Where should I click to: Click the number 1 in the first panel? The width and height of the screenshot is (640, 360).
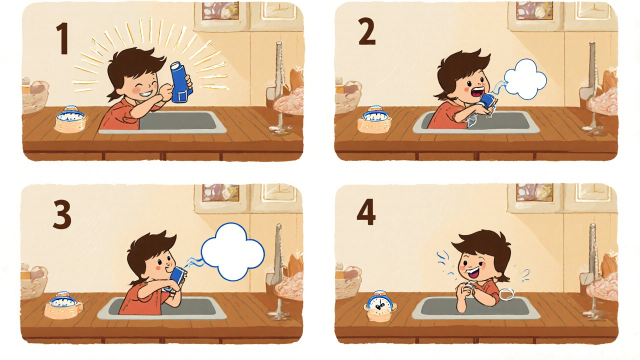63,39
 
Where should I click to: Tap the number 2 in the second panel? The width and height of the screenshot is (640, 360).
367,31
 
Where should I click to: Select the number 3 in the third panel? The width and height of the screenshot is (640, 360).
62,214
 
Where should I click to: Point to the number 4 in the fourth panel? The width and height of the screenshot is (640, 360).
366,212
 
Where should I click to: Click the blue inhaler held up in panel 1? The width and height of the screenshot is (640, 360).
180,82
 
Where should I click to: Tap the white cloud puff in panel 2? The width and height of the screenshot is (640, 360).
525,79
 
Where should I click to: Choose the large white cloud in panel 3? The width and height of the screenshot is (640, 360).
233,251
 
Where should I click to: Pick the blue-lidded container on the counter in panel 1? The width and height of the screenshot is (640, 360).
70,119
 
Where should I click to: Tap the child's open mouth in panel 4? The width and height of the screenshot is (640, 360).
473,272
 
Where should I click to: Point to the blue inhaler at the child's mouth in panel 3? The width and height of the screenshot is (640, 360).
177,278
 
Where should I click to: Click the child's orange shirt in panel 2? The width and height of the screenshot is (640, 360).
445,116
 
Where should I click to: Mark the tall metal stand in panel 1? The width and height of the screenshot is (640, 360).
279,85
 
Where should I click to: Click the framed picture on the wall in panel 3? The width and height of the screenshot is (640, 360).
220,192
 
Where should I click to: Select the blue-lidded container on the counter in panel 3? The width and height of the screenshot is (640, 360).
63,305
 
